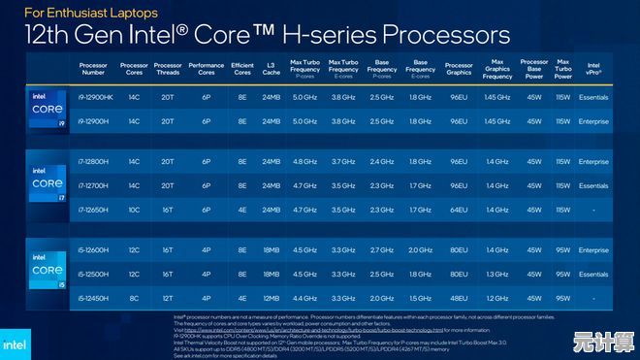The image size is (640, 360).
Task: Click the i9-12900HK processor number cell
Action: click(x=93, y=97)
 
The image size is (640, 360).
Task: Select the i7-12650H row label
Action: click(x=93, y=209)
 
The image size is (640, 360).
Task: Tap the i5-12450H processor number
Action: click(x=93, y=297)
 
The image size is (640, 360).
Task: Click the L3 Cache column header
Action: click(x=271, y=69)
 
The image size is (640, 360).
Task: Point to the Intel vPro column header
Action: click(x=593, y=69)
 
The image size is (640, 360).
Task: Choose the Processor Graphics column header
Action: click(x=459, y=69)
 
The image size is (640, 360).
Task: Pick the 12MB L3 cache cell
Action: click(x=271, y=297)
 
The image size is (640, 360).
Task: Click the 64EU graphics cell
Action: click(x=459, y=209)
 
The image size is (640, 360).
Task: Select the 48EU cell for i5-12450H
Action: click(x=459, y=297)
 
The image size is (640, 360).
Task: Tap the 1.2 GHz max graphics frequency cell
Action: click(x=497, y=297)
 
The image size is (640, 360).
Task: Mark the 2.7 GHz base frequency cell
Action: click(x=382, y=250)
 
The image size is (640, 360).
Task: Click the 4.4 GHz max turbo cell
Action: click(x=304, y=297)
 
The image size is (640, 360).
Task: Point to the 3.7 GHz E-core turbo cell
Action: click(x=343, y=161)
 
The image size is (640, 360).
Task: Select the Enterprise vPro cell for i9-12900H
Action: click(x=593, y=121)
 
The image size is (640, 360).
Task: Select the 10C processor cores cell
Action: click(x=134, y=209)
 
